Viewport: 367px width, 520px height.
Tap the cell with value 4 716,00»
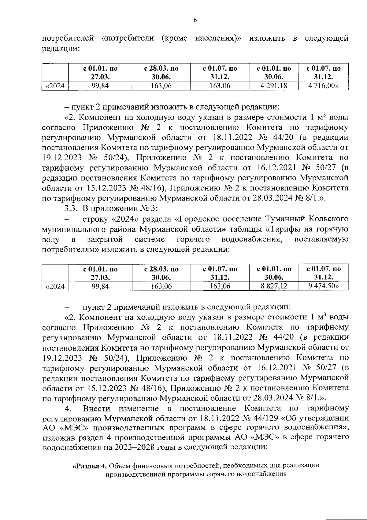[324, 86]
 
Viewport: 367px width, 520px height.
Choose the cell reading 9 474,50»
[324, 286]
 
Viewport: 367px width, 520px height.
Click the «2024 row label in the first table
[55, 86]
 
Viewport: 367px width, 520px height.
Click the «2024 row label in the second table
[55, 286]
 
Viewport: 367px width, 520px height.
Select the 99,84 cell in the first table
[100, 86]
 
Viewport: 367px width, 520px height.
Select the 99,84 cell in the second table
[100, 286]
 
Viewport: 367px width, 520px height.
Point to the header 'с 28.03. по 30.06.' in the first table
[161, 73]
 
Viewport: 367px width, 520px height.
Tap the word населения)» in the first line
[218, 39]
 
